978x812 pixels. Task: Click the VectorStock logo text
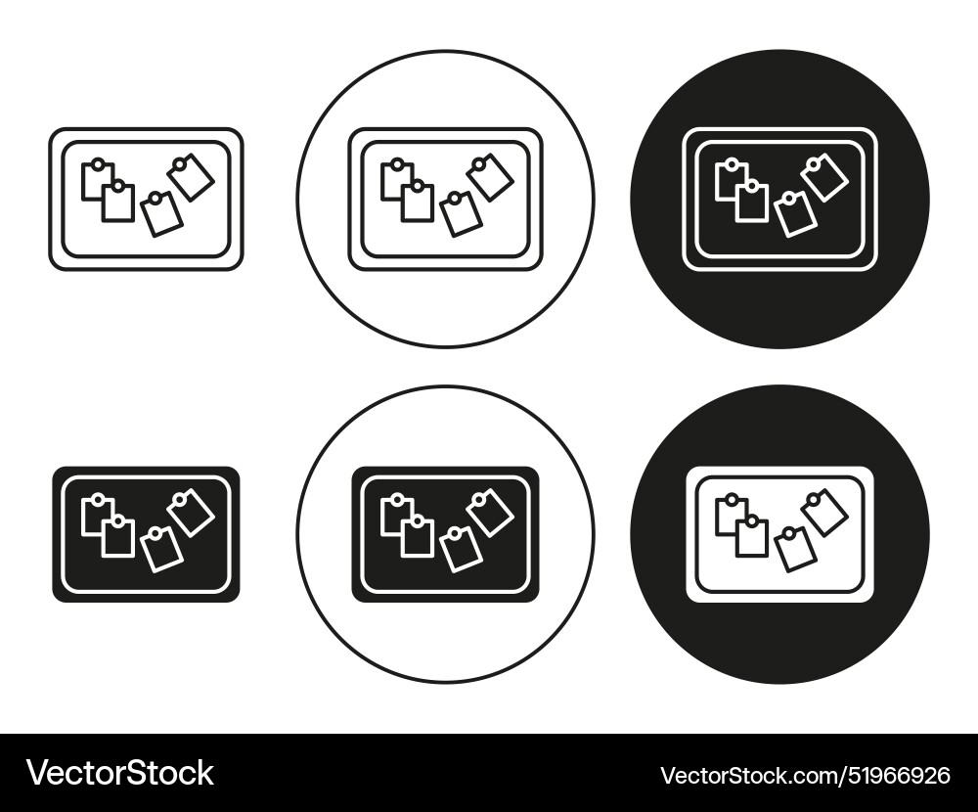pyautogui.click(x=120, y=773)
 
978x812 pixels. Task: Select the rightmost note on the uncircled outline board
pyautogui.click(x=192, y=178)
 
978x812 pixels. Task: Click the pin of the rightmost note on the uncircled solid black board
pyautogui.click(x=181, y=498)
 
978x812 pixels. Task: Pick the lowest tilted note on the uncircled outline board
pyautogui.click(x=163, y=214)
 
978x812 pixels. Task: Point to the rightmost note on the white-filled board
pyautogui.click(x=825, y=513)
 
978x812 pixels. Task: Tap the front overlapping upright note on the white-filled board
pyautogui.click(x=752, y=537)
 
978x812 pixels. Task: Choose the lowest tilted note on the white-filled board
pyautogui.click(x=797, y=550)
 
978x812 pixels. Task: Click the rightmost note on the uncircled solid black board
pyautogui.click(x=192, y=513)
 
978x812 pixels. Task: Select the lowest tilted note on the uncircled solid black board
pyautogui.click(x=163, y=549)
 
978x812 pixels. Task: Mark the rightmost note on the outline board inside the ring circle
pyautogui.click(x=491, y=178)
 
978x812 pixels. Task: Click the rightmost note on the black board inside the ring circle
pyautogui.click(x=491, y=513)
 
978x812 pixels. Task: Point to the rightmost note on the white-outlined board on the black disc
pyautogui.click(x=825, y=178)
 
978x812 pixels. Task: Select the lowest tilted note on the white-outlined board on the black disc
pyautogui.click(x=797, y=214)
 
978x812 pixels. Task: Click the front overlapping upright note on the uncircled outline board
pyautogui.click(x=118, y=203)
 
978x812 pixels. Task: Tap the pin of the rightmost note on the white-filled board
pyautogui.click(x=815, y=498)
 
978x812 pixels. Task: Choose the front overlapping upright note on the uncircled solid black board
pyautogui.click(x=118, y=537)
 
